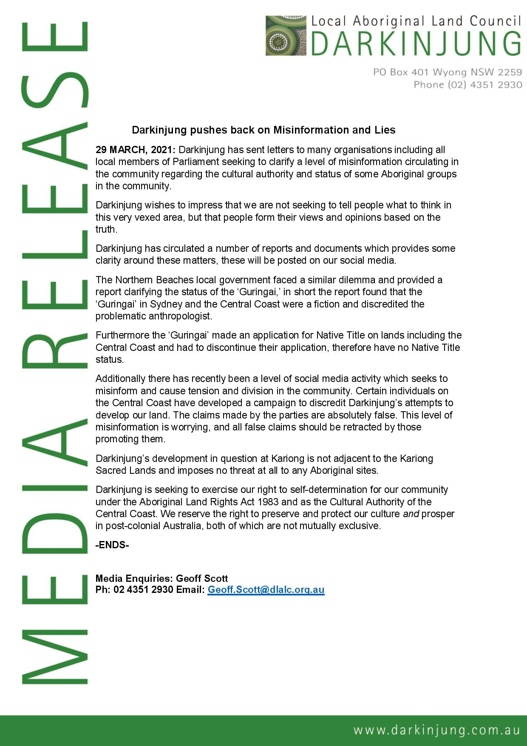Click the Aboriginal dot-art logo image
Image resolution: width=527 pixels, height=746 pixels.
click(x=286, y=36)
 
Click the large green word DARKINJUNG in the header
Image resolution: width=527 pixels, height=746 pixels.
click(x=416, y=43)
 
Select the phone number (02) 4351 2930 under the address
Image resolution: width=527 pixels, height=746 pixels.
click(x=484, y=85)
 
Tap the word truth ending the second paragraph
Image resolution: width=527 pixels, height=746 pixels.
click(x=105, y=229)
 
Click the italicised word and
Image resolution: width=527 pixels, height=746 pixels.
click(x=411, y=514)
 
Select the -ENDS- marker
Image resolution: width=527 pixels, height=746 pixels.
click(x=112, y=545)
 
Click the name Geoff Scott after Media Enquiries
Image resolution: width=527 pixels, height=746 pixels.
click(x=202, y=578)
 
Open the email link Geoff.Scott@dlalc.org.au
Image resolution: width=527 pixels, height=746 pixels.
click(x=266, y=590)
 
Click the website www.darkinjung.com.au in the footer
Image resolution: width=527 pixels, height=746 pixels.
click(x=436, y=730)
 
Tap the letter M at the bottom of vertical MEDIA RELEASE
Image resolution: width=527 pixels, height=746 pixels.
click(x=54, y=657)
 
